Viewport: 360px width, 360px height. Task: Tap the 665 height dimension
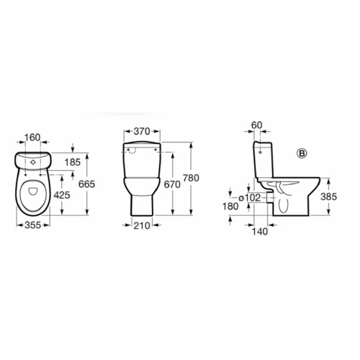click(87, 184)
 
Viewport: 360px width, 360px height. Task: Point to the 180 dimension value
click(230, 207)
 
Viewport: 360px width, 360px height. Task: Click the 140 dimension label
click(261, 231)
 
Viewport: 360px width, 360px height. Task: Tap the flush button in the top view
click(33, 162)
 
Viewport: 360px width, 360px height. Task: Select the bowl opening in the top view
click(33, 196)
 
